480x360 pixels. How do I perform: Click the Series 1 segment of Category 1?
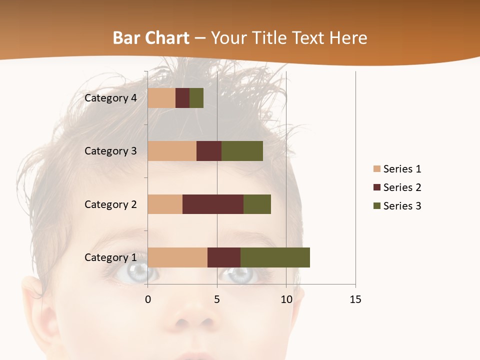tap(177, 257)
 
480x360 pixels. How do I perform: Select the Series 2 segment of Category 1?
tap(224, 257)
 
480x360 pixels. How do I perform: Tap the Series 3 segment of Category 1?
tap(275, 257)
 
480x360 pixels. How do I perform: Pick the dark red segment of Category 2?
tap(213, 204)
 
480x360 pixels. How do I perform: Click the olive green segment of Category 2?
tap(257, 204)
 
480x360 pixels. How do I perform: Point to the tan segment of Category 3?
tap(172, 150)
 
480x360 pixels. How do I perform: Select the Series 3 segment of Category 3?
tap(242, 150)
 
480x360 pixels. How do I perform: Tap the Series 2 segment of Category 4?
tap(182, 98)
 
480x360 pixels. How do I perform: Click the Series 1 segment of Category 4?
tap(161, 98)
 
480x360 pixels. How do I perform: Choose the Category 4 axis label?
tap(110, 98)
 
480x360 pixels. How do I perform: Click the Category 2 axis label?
tap(110, 204)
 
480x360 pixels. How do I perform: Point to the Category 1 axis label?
tap(110, 257)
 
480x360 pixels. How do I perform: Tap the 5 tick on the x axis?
tap(217, 299)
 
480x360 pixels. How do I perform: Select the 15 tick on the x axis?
tap(355, 299)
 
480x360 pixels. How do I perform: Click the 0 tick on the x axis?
tap(147, 299)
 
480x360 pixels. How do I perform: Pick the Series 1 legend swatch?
tap(377, 169)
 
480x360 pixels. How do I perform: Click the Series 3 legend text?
tap(402, 206)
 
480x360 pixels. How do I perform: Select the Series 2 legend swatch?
tap(377, 187)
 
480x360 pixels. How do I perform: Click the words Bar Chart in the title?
tap(151, 38)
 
